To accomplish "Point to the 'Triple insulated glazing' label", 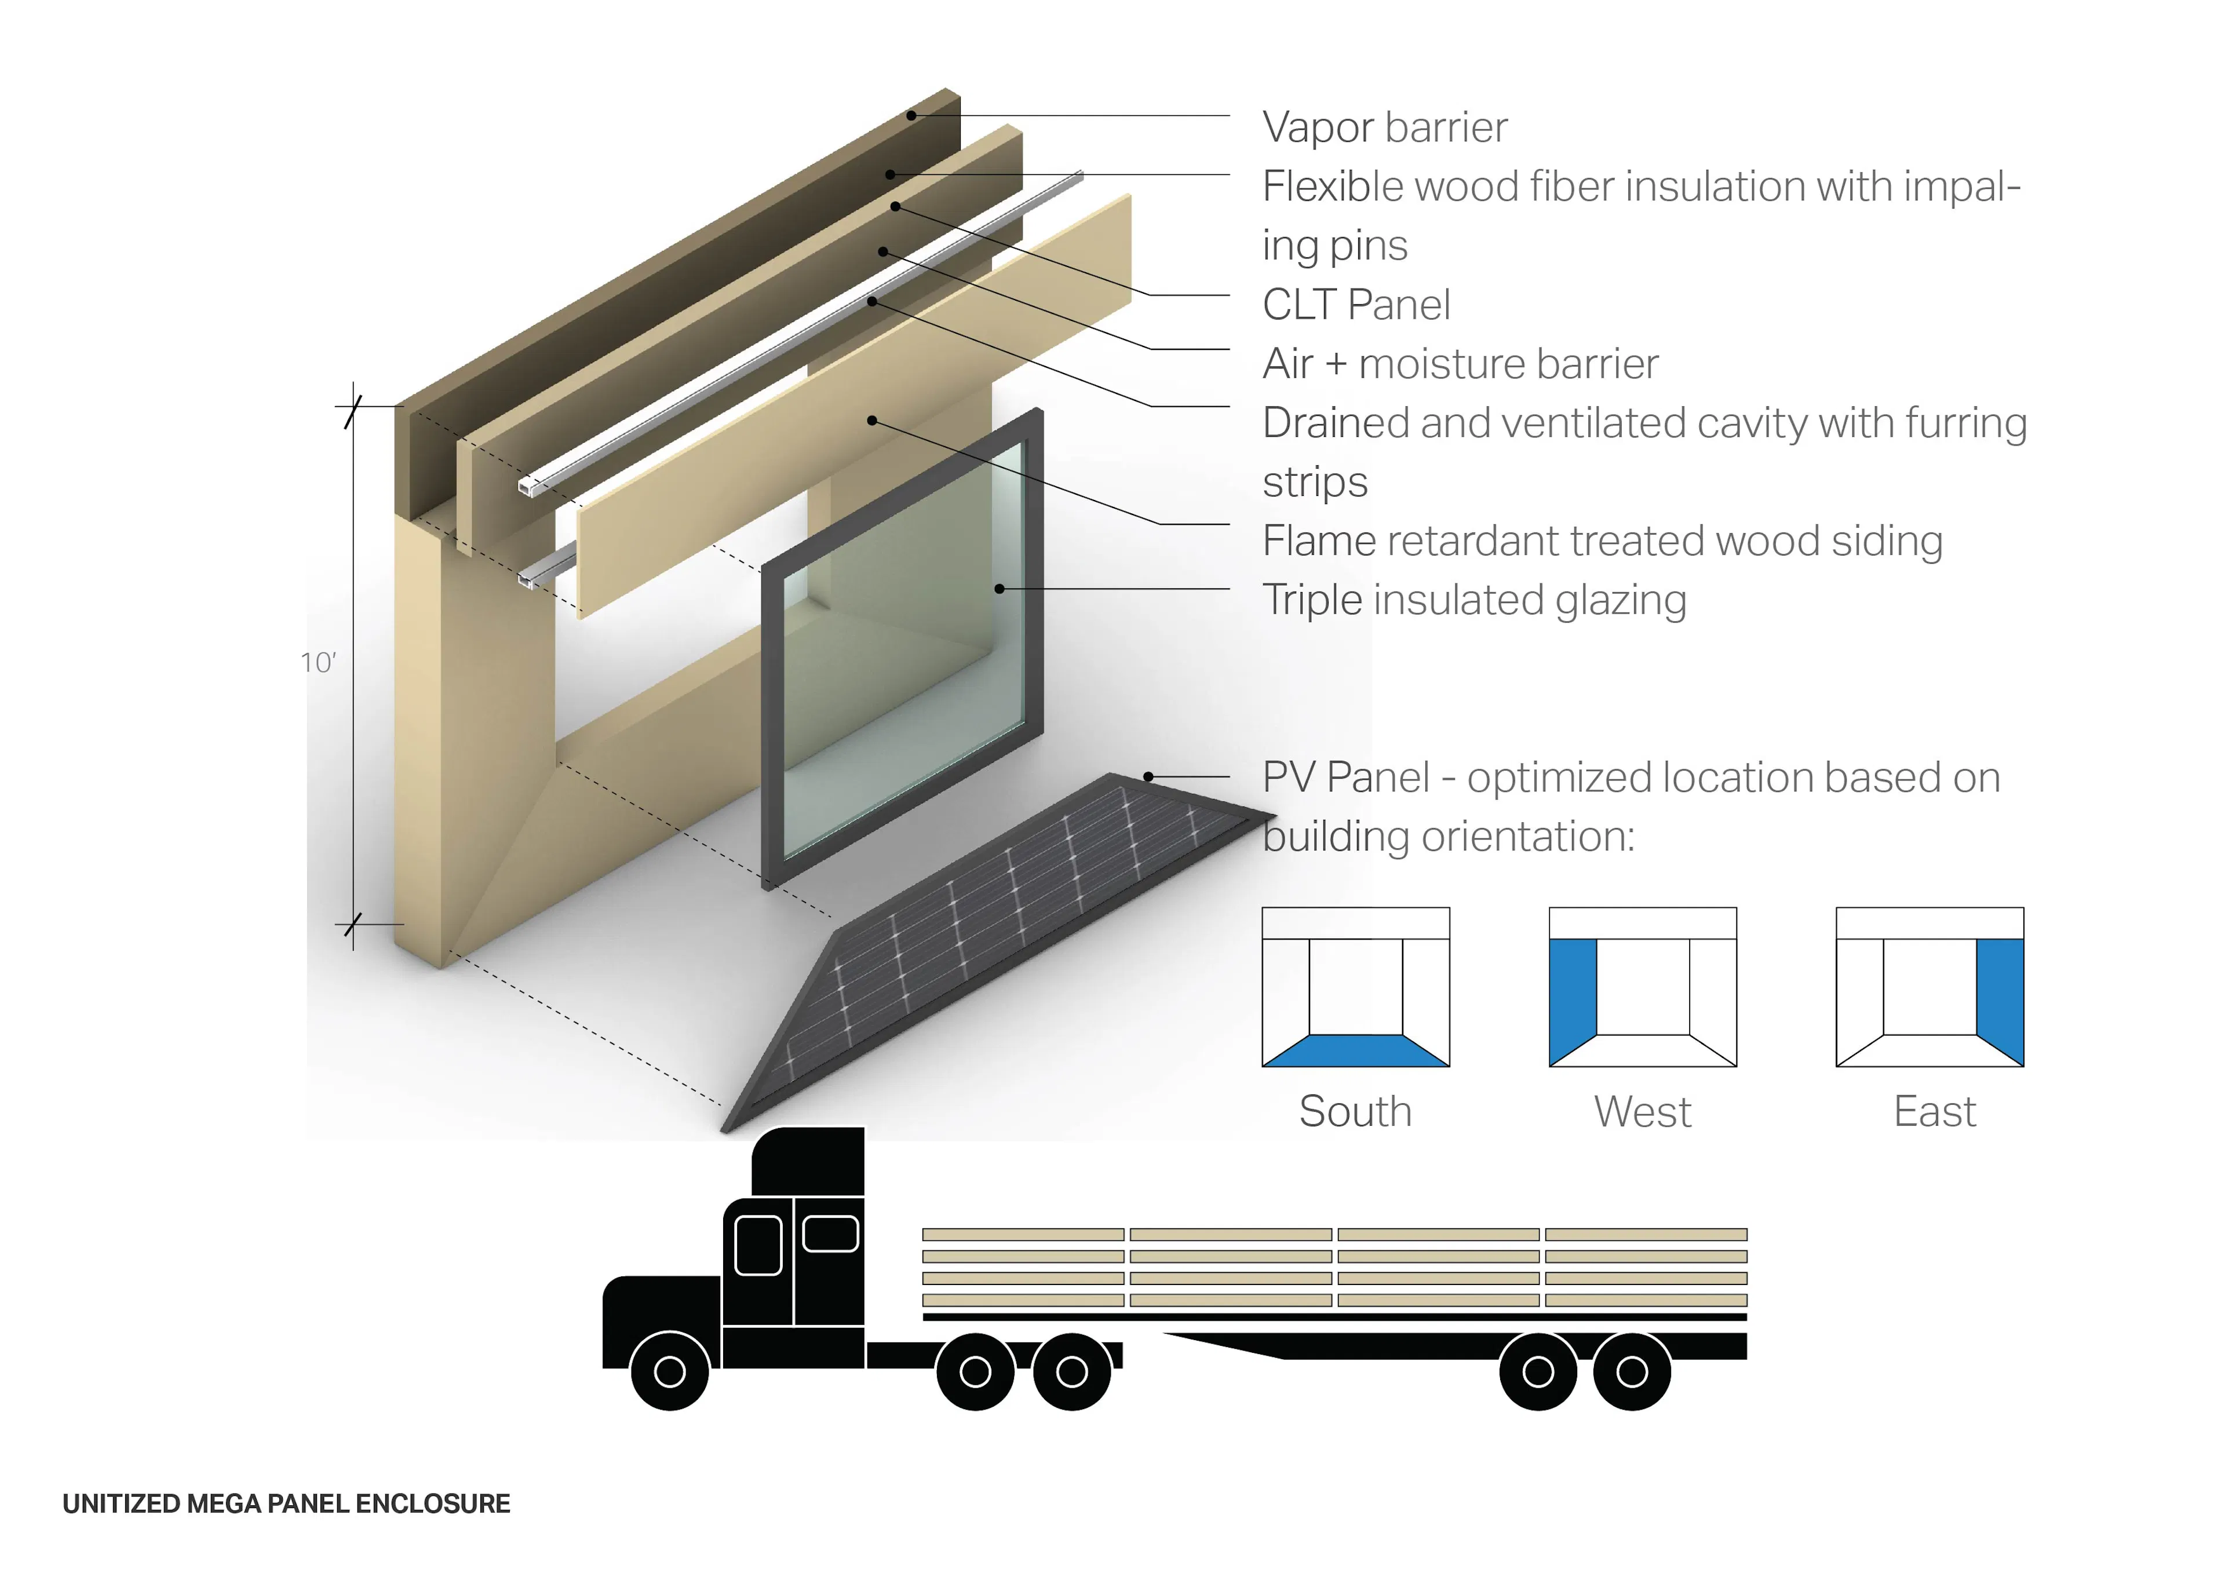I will click(x=1473, y=600).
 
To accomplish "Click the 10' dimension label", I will click(x=318, y=663).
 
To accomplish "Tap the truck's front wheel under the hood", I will click(x=670, y=1370).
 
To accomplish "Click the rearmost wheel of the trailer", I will click(x=1632, y=1370).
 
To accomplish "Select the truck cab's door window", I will click(x=758, y=1244).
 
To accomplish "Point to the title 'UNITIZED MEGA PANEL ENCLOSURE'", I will click(x=286, y=1503).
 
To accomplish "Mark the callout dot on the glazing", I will click(x=999, y=588).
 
